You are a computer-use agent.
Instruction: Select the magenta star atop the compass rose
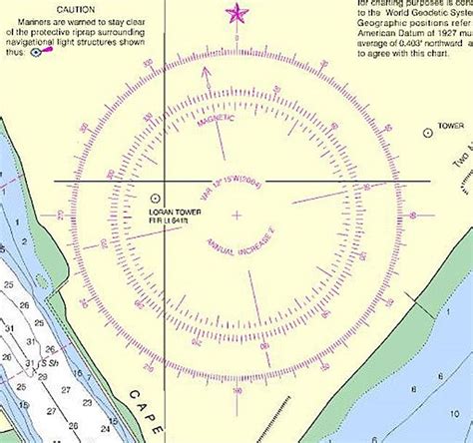click(x=236, y=13)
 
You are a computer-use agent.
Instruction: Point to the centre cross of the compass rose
click(x=236, y=215)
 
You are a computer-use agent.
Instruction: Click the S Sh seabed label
click(x=45, y=363)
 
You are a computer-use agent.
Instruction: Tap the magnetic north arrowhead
click(x=207, y=71)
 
